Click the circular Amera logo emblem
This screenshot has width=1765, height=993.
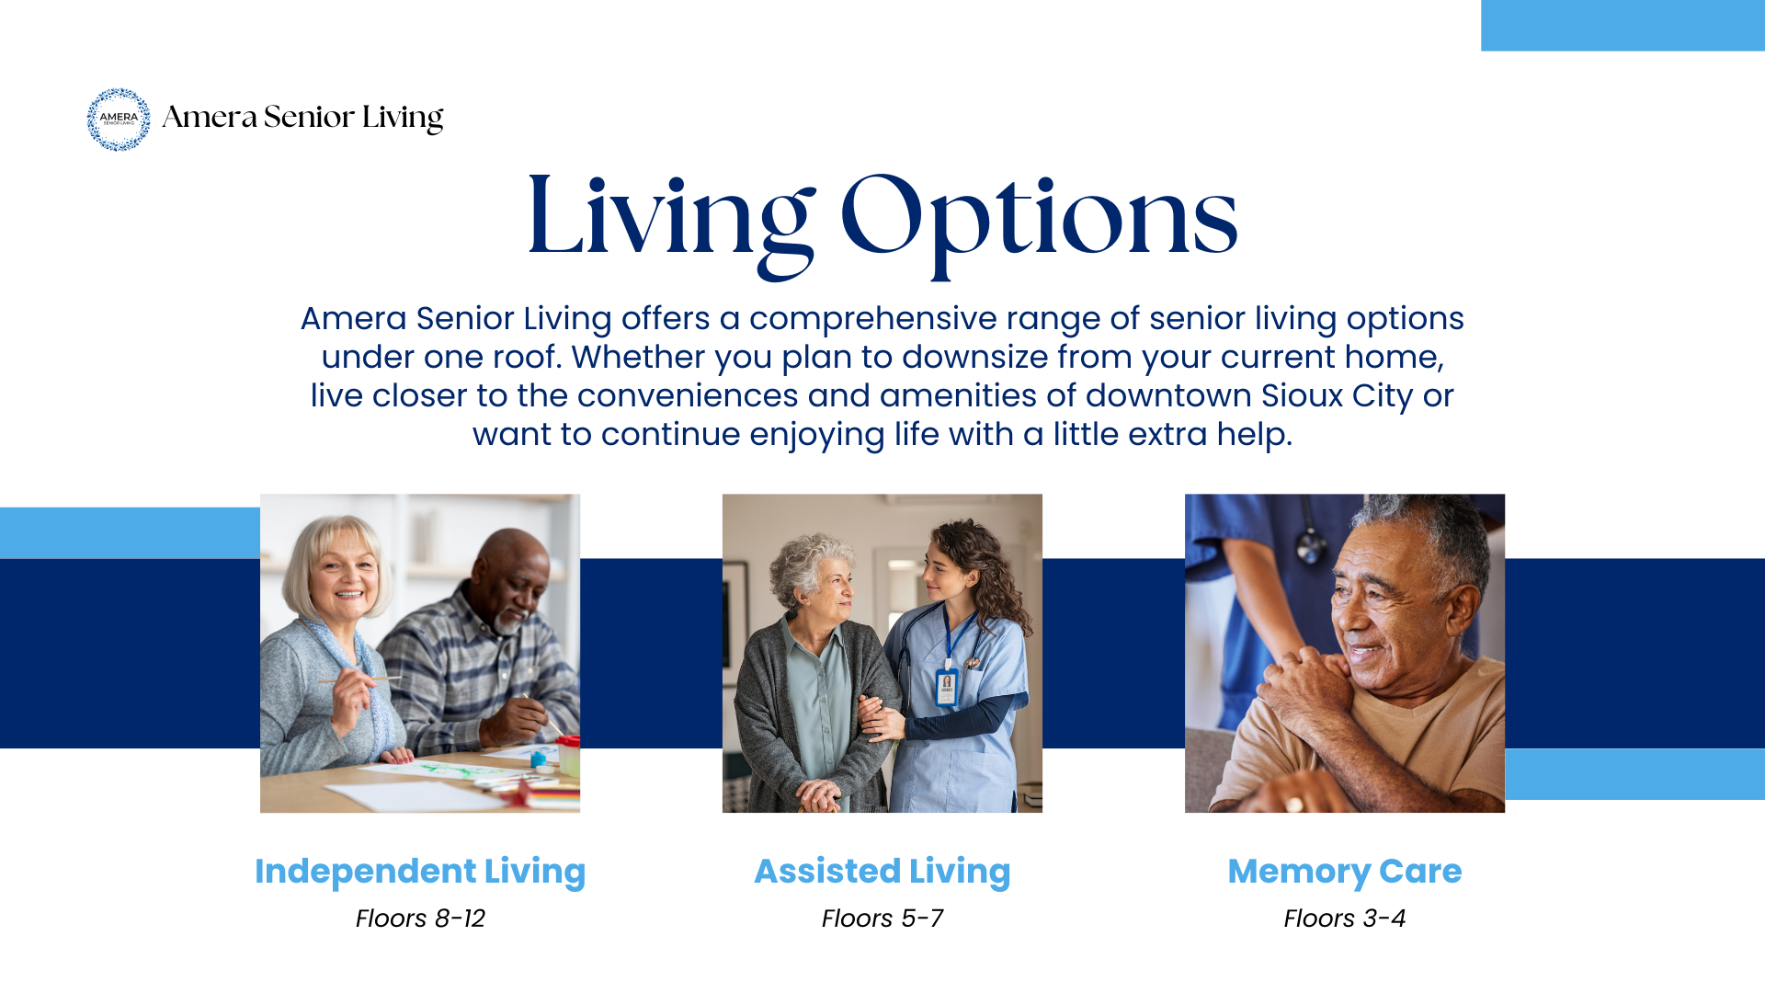point(119,120)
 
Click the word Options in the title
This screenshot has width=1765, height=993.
point(1039,219)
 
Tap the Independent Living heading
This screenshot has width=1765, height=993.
point(420,871)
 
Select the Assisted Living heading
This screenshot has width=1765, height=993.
point(882,871)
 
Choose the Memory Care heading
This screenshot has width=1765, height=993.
point(1344,871)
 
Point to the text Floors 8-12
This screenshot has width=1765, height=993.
point(420,919)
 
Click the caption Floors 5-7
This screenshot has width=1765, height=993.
point(882,919)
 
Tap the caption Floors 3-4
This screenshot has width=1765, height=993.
point(1344,919)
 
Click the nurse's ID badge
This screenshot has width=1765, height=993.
point(946,687)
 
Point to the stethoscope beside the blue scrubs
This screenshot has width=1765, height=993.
point(1311,542)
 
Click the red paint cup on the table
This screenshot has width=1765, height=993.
point(569,754)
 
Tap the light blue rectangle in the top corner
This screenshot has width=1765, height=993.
point(1623,25)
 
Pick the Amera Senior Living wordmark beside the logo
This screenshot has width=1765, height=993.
point(302,118)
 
